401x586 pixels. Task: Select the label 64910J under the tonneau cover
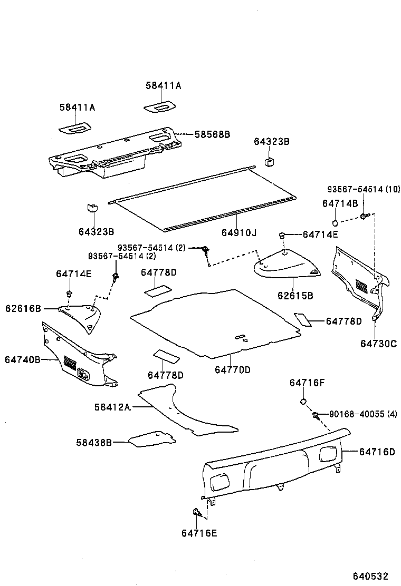click(x=239, y=232)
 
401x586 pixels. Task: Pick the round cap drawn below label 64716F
click(x=304, y=403)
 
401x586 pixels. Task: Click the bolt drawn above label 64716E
click(x=196, y=512)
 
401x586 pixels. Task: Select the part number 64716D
click(x=377, y=452)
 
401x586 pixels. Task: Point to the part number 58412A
click(x=112, y=407)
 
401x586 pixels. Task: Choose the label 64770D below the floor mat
click(x=232, y=370)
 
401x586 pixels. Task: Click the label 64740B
click(x=23, y=359)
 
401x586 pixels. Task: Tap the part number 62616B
click(x=23, y=308)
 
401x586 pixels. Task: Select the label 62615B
click(x=295, y=296)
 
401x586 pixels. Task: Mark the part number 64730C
click(x=378, y=344)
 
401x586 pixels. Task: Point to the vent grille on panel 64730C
click(x=361, y=287)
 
